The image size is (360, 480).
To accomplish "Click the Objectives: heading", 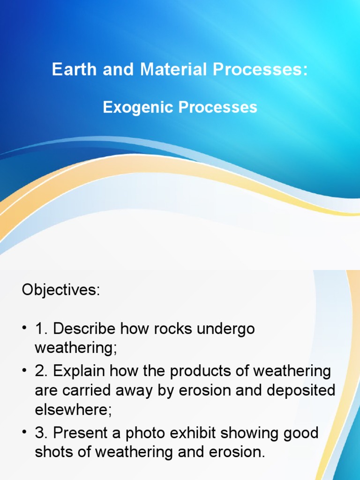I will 61,290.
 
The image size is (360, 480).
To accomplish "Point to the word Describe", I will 84,329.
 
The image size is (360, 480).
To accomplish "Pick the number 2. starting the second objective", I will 41,372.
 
